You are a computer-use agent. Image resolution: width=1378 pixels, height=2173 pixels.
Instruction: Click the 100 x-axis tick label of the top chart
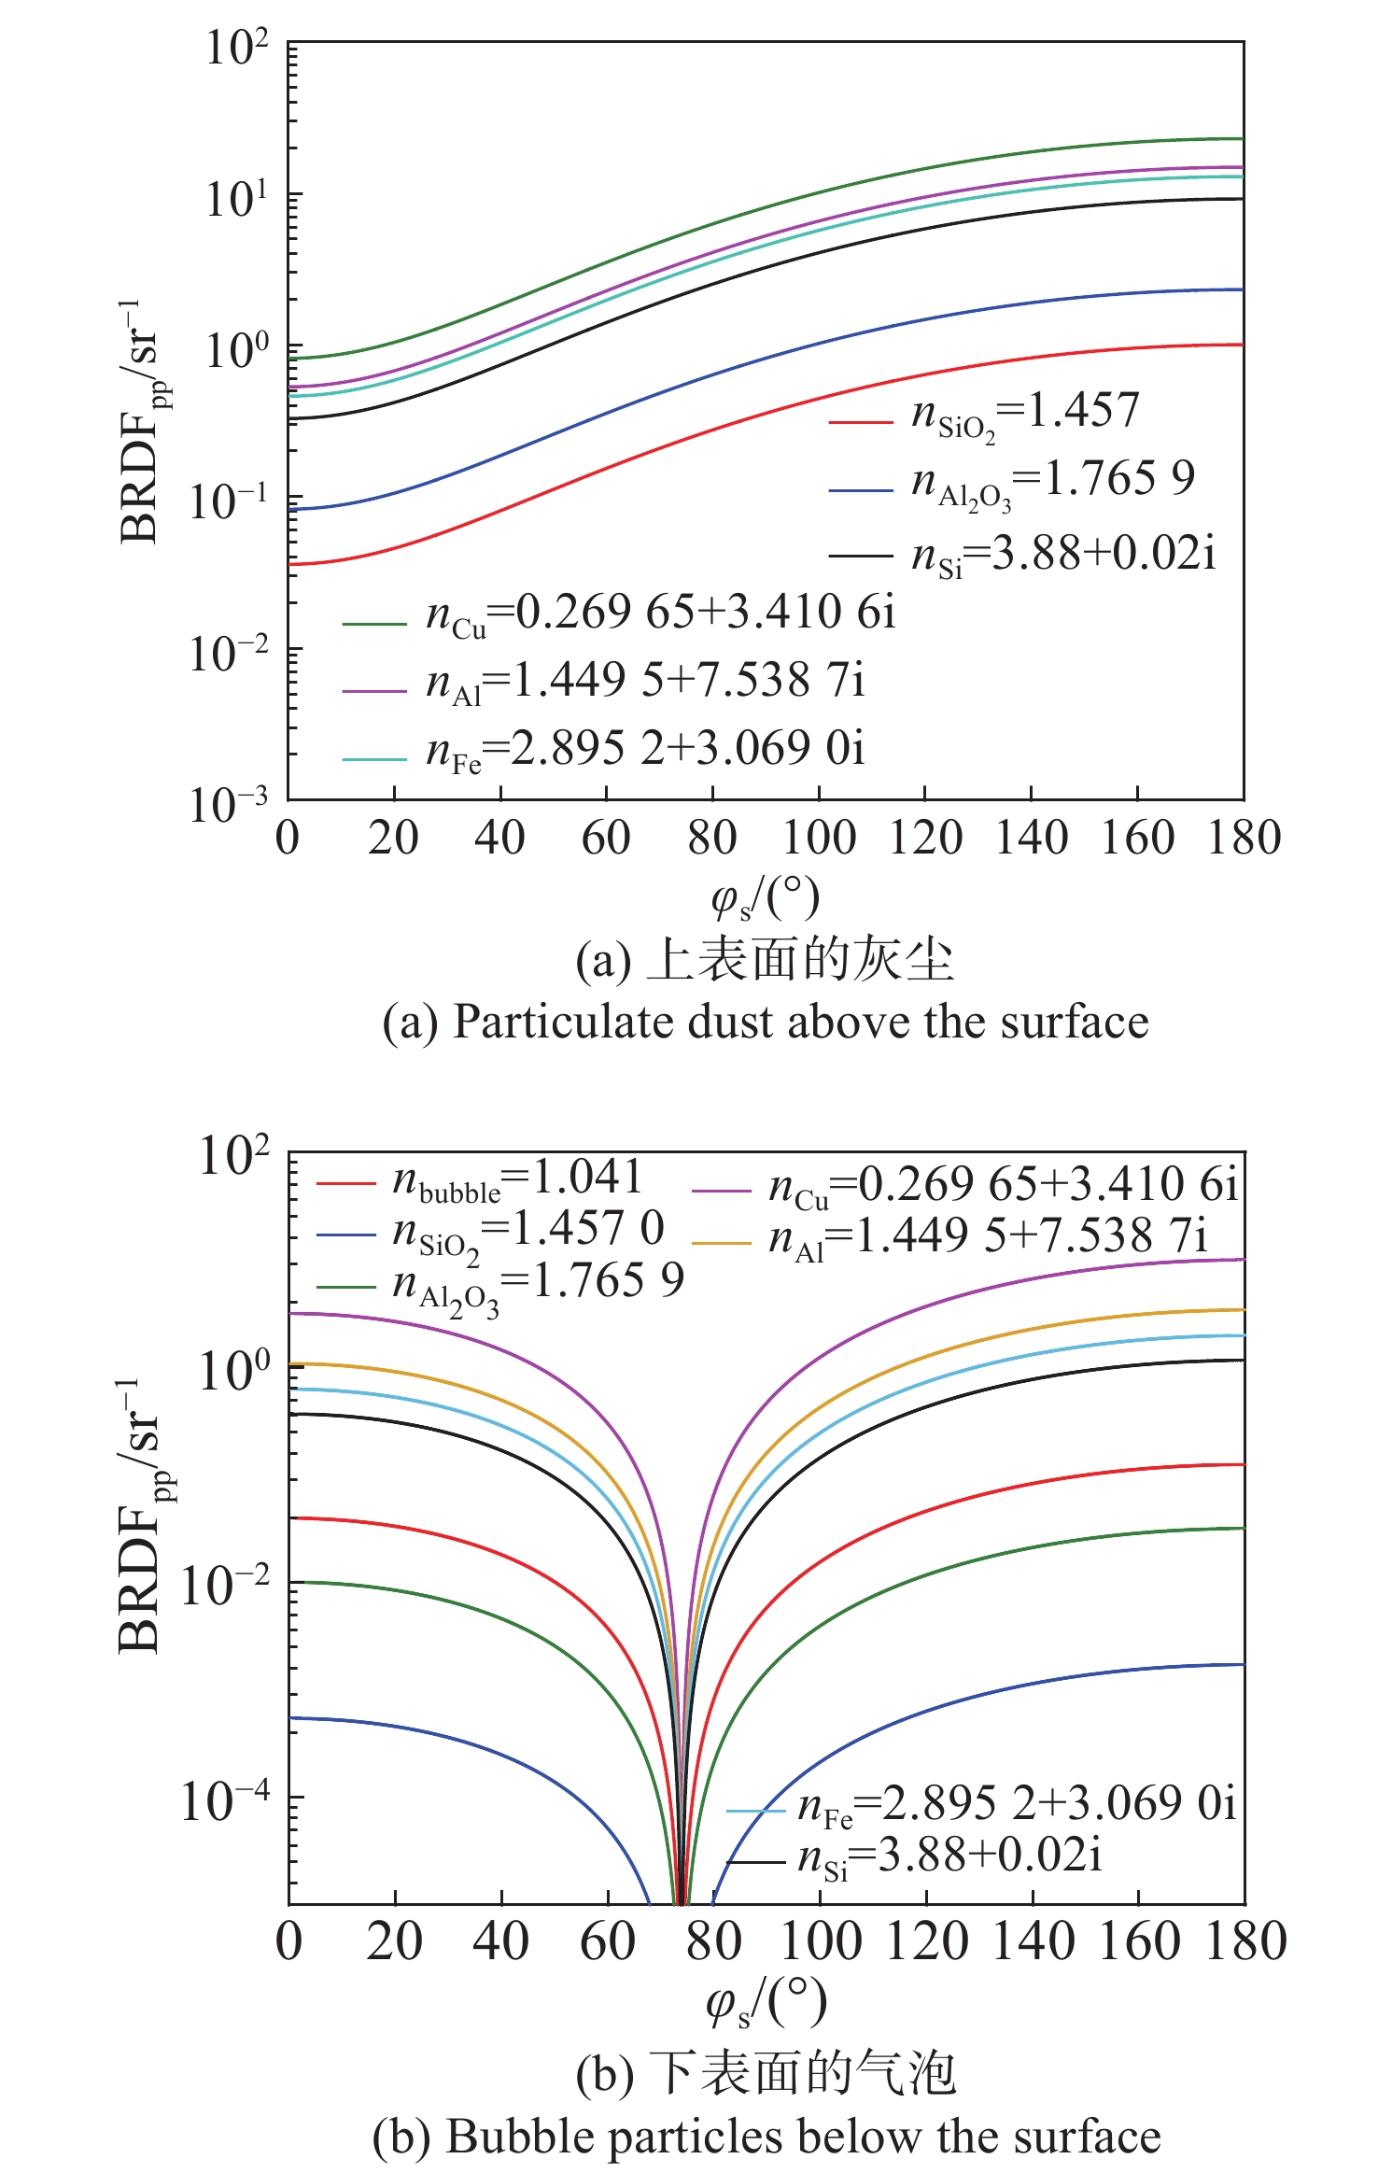[x=819, y=838]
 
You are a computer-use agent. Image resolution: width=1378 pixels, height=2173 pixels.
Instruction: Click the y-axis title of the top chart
[x=141, y=421]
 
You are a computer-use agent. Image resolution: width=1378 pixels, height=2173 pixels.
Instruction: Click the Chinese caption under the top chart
[x=766, y=960]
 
